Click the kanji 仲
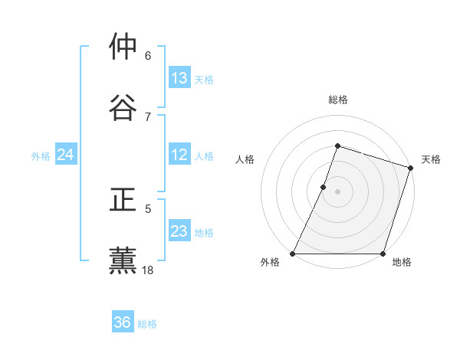click(123, 47)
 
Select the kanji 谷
click(123, 107)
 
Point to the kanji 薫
click(123, 260)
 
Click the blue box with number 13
click(179, 78)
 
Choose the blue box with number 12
click(179, 155)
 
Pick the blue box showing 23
click(179, 231)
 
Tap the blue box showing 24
click(65, 155)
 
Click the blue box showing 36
click(123, 322)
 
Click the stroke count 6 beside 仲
click(148, 55)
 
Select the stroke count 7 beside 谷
click(148, 116)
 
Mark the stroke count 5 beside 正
click(148, 208)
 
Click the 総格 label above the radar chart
click(338, 100)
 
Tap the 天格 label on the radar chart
click(431, 159)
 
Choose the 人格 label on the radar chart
click(245, 159)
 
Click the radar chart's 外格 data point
click(293, 254)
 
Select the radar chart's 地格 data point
click(383, 254)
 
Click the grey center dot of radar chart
click(338, 191)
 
